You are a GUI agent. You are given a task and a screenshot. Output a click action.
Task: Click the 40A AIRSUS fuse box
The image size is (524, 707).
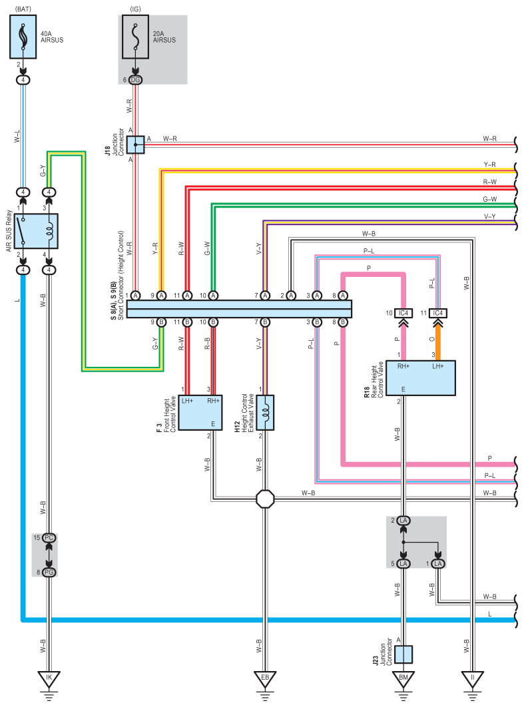click(23, 37)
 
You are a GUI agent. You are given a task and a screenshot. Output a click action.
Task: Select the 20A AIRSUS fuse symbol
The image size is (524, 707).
click(135, 37)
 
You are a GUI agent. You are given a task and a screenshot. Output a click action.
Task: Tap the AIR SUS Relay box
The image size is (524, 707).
click(36, 231)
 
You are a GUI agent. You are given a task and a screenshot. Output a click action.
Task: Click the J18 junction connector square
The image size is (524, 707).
click(135, 144)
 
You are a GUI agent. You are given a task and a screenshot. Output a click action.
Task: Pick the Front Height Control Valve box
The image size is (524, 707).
click(200, 413)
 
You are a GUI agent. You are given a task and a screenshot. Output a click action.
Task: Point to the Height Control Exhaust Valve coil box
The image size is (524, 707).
click(265, 413)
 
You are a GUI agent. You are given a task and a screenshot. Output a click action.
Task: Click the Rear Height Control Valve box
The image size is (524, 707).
click(421, 378)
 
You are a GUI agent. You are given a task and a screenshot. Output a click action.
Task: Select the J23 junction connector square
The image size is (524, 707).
click(403, 654)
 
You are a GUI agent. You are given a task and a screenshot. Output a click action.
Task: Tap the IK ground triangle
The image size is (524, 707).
click(49, 679)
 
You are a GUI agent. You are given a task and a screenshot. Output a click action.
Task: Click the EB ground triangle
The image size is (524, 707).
click(265, 679)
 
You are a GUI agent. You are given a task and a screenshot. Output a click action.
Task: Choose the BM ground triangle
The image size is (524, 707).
click(403, 679)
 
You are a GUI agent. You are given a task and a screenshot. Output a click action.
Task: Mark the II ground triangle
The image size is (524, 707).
click(473, 679)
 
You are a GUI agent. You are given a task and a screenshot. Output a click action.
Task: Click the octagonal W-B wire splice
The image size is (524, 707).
click(265, 499)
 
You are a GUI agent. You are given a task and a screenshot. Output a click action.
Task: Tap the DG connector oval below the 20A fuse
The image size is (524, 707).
click(135, 80)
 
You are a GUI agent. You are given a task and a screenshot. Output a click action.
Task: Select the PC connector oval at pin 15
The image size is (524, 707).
click(49, 538)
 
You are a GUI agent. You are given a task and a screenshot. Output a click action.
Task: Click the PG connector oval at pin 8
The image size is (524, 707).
click(49, 572)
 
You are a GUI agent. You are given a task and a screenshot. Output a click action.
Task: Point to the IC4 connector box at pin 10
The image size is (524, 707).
click(403, 313)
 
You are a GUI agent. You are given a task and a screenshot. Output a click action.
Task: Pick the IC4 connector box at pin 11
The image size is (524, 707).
click(438, 313)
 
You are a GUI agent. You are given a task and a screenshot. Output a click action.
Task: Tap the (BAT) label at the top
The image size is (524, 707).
click(23, 9)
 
